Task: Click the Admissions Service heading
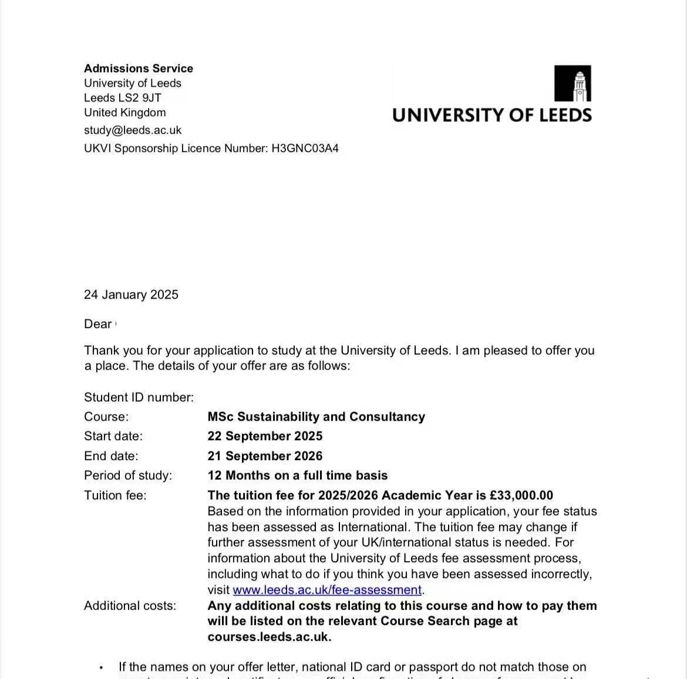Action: tap(139, 69)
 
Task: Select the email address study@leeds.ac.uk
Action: tap(133, 130)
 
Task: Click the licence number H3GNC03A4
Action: tap(305, 148)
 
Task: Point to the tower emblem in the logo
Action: tap(572, 83)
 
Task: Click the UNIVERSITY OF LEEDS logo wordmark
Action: tap(492, 115)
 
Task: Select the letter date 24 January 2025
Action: tap(131, 295)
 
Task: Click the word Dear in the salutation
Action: tap(97, 324)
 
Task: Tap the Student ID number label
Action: tap(139, 397)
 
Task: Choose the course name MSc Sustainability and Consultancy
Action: tap(316, 417)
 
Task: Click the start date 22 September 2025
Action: tap(265, 436)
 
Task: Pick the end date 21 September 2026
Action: tap(265, 456)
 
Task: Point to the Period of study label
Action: tap(128, 475)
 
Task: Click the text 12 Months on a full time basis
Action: tap(298, 475)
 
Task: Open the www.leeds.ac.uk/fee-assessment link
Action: tap(327, 590)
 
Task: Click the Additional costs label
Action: tap(130, 606)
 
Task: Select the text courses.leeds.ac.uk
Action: tap(269, 637)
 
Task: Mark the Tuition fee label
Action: tap(115, 495)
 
